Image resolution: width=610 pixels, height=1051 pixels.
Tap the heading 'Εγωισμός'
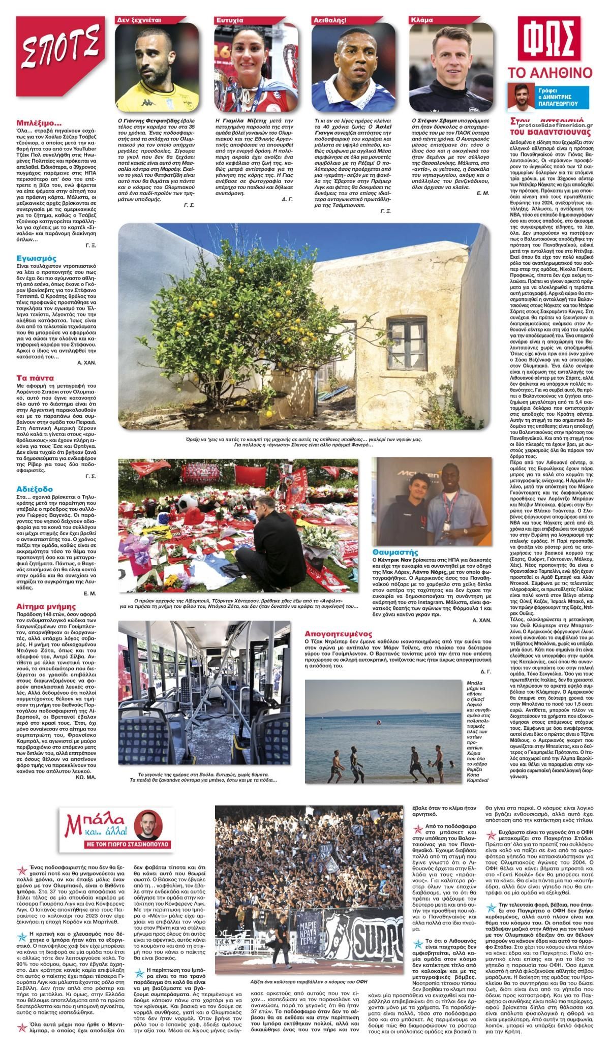point(36,258)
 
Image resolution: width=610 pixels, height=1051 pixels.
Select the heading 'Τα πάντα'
point(35,378)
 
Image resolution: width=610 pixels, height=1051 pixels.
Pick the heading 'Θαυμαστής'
point(394,551)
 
